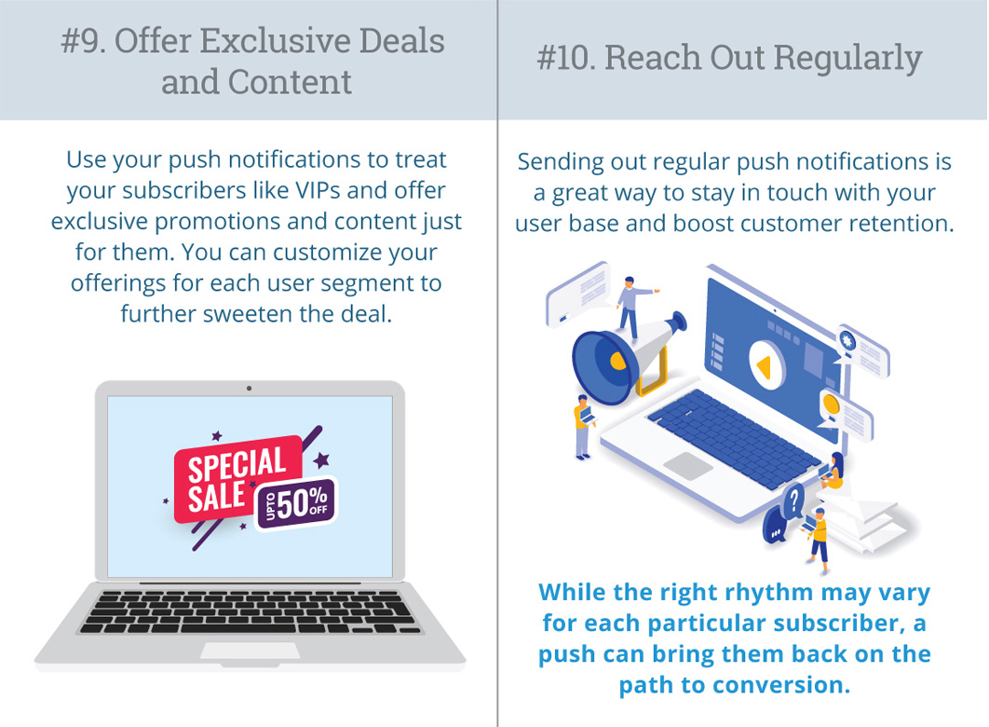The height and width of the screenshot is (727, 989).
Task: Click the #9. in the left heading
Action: pos(84,42)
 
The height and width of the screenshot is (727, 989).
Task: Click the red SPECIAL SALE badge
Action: pos(237,479)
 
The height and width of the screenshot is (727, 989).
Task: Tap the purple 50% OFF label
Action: pos(296,503)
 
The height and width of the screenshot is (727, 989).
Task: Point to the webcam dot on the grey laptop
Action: pos(250,388)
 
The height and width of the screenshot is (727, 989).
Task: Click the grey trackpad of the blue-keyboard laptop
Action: pos(688,466)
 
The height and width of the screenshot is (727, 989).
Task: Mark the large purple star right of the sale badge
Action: pos(321,460)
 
